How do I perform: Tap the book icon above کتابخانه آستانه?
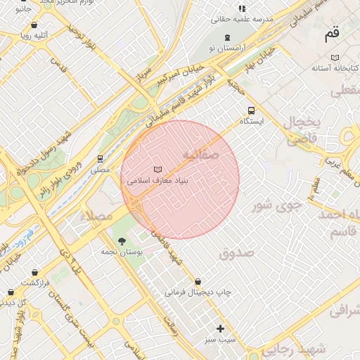[335, 58]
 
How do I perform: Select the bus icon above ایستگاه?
[251, 110]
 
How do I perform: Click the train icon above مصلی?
[101, 159]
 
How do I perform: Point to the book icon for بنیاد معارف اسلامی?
[157, 169]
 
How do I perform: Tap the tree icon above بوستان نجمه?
[122, 241]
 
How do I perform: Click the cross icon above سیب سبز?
[220, 328]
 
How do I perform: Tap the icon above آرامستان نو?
[226, 37]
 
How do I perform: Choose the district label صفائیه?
[200, 154]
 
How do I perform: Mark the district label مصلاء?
[96, 215]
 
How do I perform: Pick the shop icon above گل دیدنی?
[11, 292]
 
